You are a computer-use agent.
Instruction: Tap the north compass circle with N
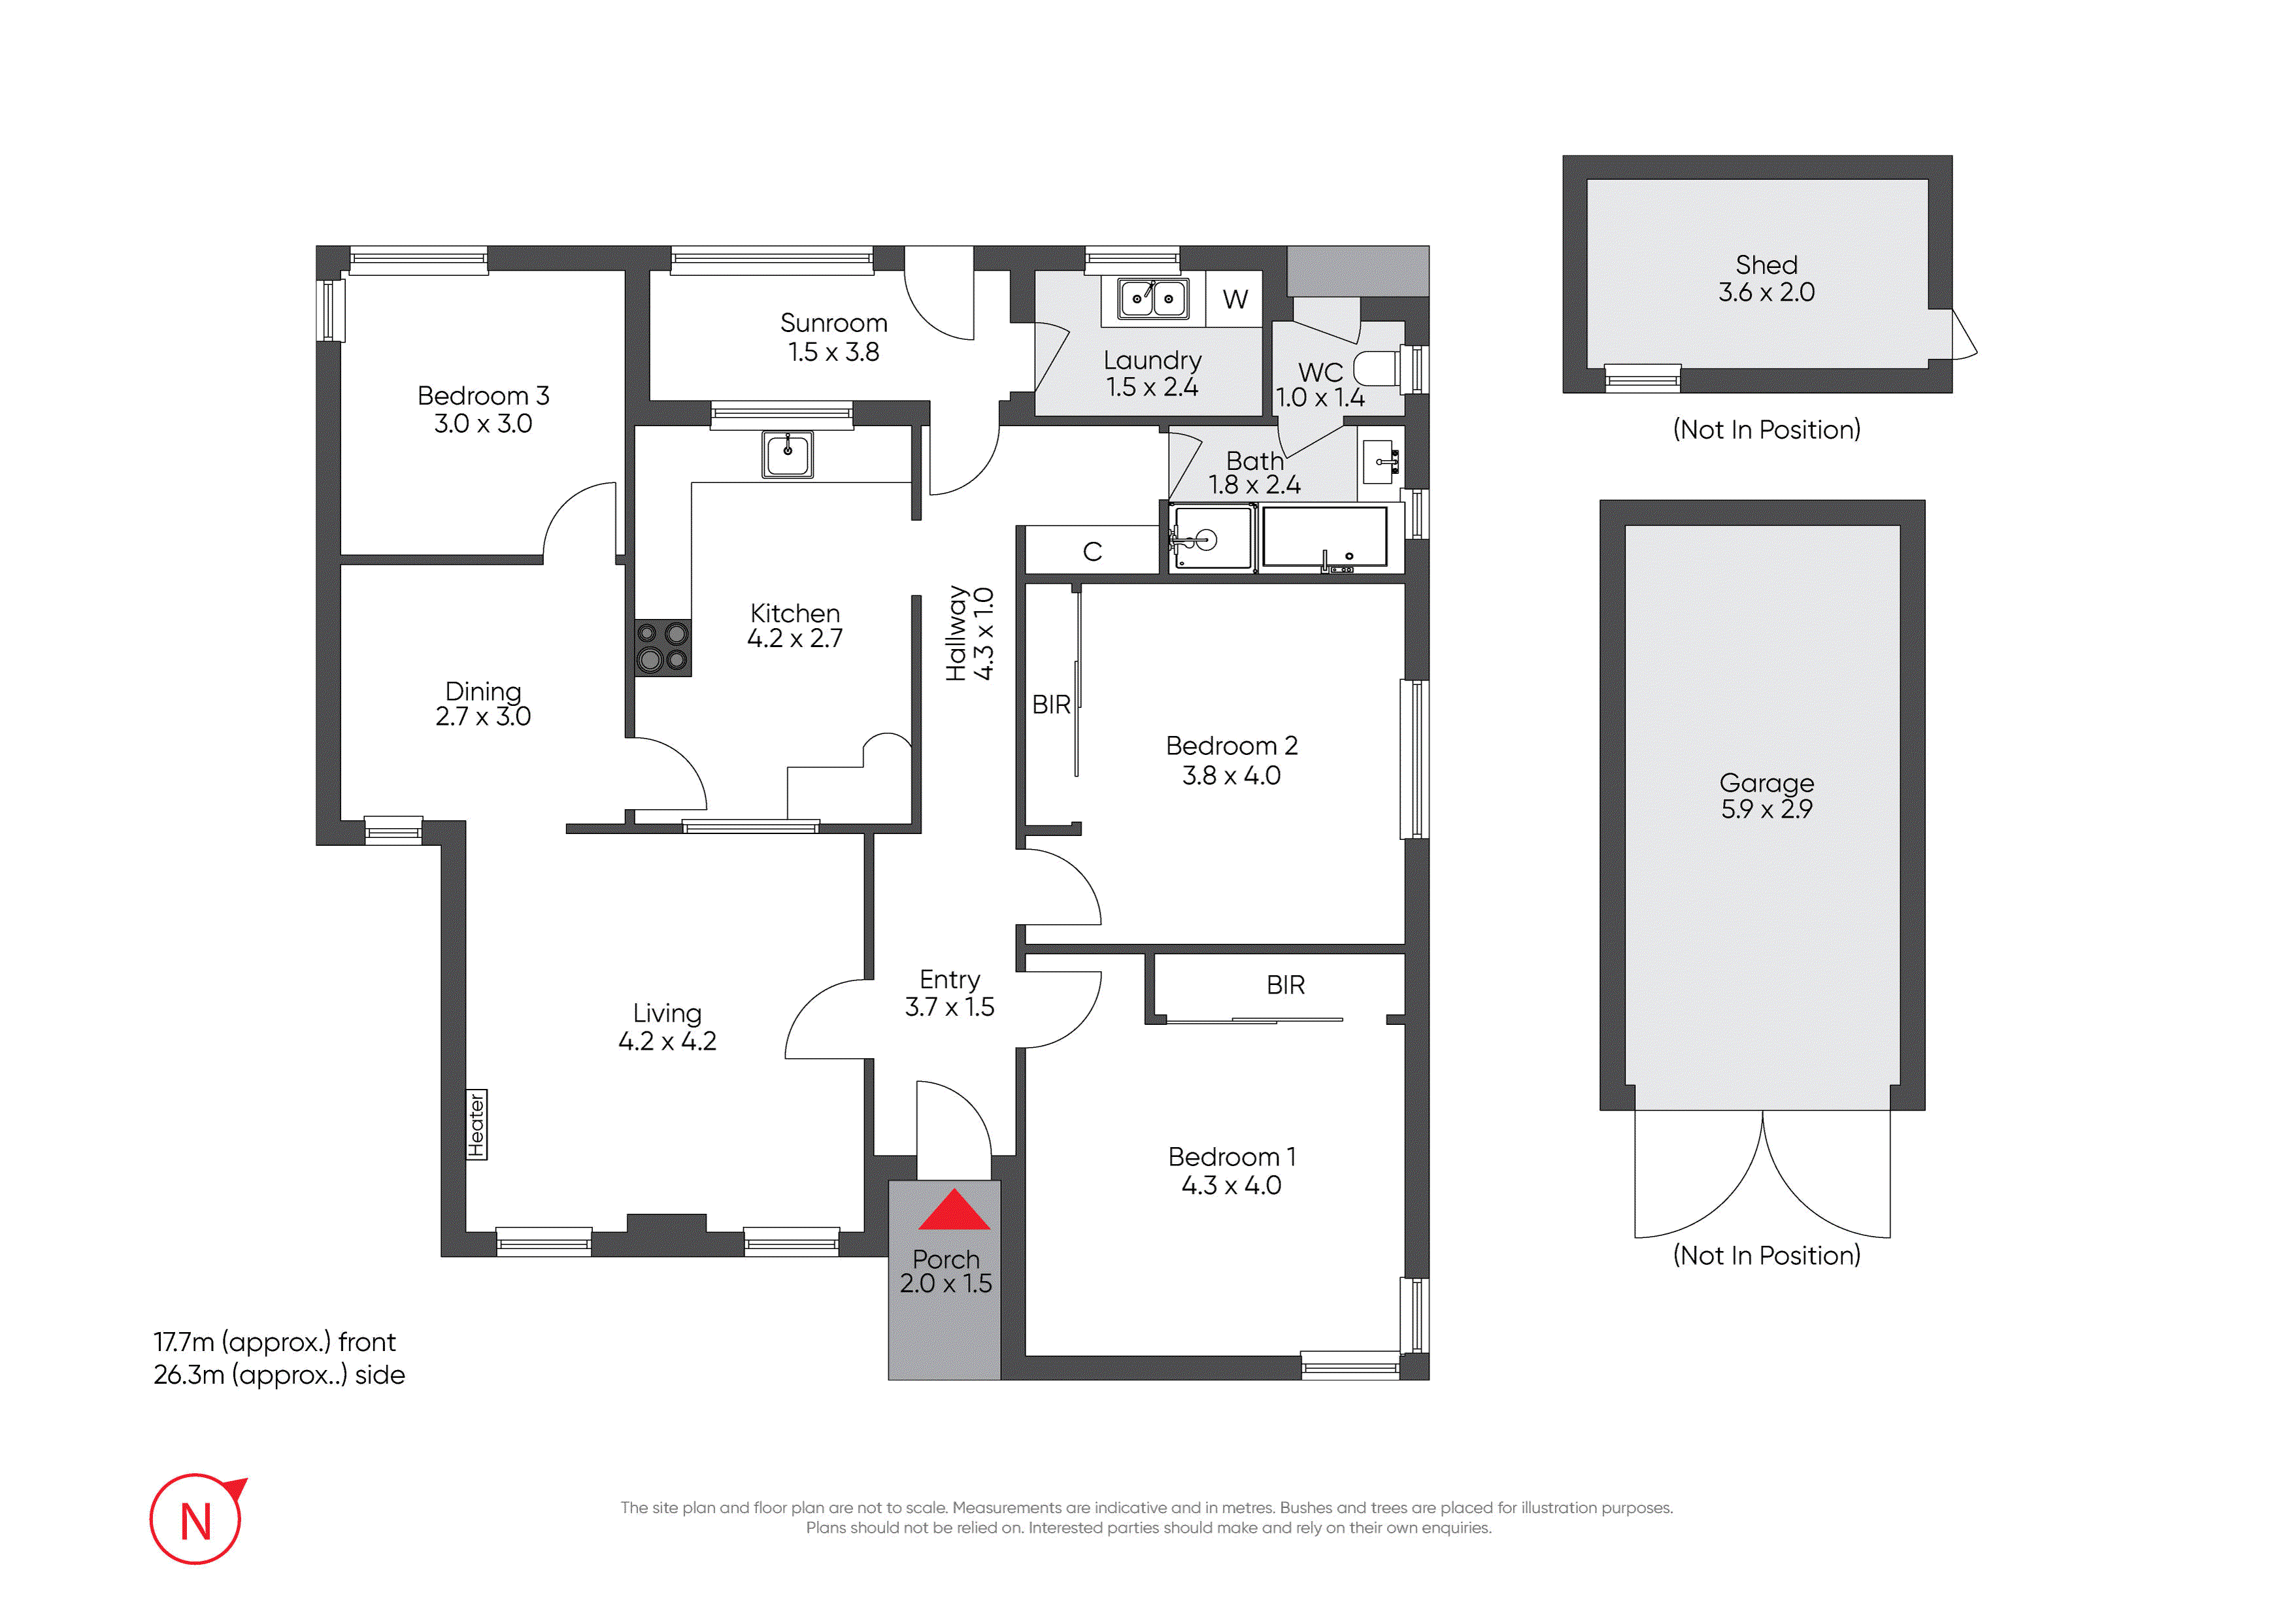click(x=195, y=1519)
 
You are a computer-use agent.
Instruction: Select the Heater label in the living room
click(x=477, y=1125)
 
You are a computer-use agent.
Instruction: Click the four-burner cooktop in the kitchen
click(x=662, y=646)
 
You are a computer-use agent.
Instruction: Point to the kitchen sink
click(x=787, y=454)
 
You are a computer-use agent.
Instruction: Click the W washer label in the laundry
click(x=1235, y=299)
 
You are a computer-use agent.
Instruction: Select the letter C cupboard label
click(x=1092, y=551)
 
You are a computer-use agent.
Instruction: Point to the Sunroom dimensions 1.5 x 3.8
click(x=834, y=352)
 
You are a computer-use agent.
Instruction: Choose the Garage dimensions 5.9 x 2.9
click(x=1767, y=809)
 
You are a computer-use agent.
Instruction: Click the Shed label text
click(x=1767, y=265)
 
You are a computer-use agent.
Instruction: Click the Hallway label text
click(x=957, y=633)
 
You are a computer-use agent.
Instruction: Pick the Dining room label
click(x=483, y=691)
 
